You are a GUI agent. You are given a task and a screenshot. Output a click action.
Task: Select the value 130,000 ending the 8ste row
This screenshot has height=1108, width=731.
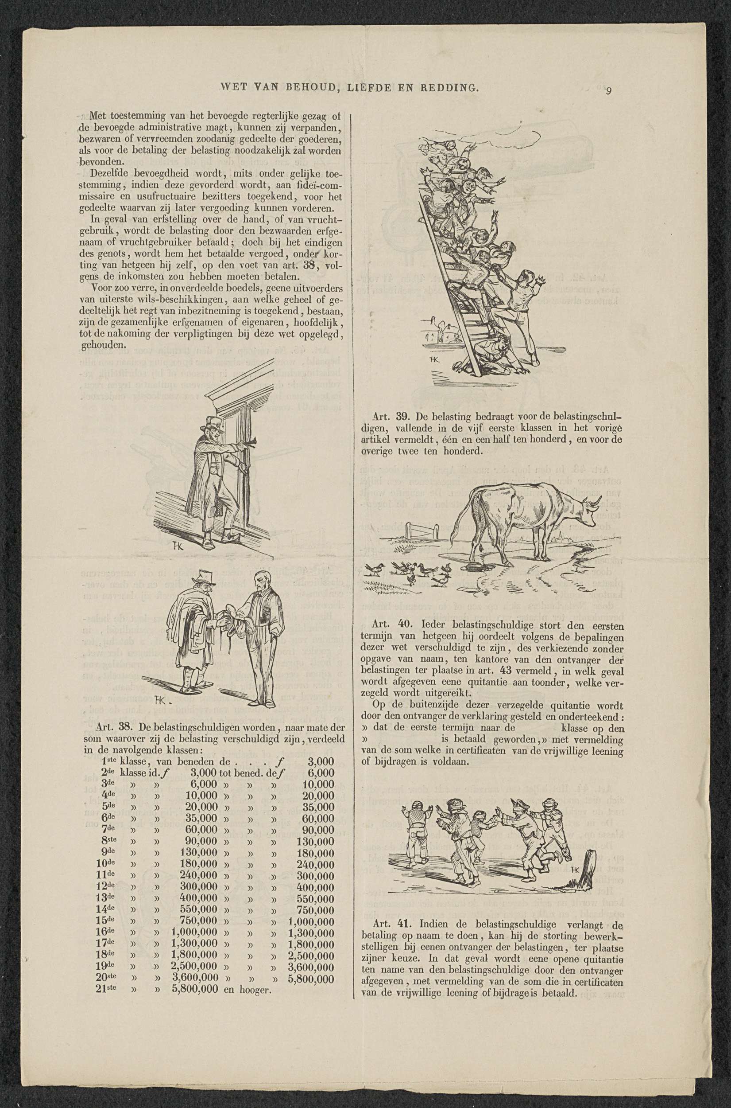(x=315, y=842)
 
